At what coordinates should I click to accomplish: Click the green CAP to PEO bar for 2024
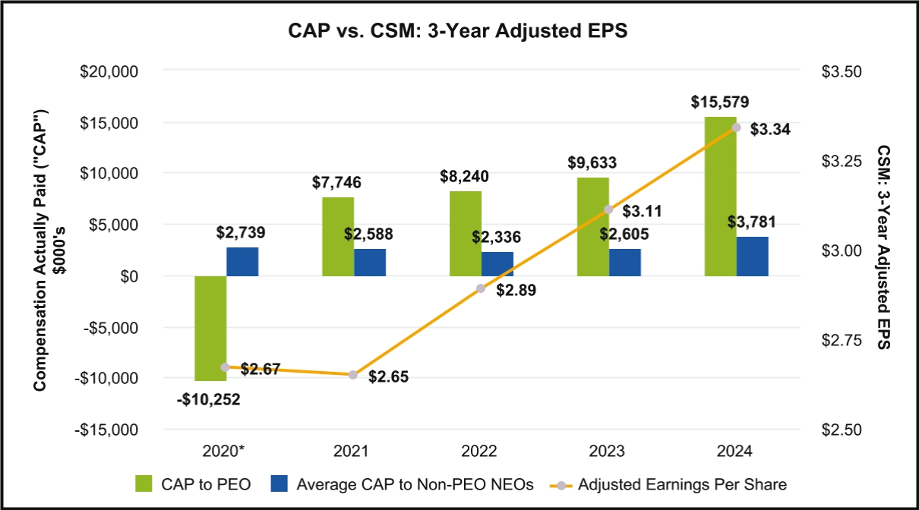[720, 197]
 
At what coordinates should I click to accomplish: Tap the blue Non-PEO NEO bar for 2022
[497, 264]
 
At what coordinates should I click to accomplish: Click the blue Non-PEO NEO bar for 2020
[242, 262]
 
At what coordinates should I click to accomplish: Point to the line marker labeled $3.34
[735, 127]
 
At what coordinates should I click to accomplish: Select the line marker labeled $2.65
[353, 375]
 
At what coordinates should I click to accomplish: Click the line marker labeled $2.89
[481, 288]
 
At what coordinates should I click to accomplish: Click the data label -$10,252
[210, 399]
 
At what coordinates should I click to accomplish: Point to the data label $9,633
[592, 162]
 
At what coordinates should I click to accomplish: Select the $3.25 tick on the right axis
[842, 161]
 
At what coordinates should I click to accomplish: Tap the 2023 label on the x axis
[609, 451]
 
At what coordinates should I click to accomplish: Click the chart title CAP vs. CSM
[458, 33]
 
